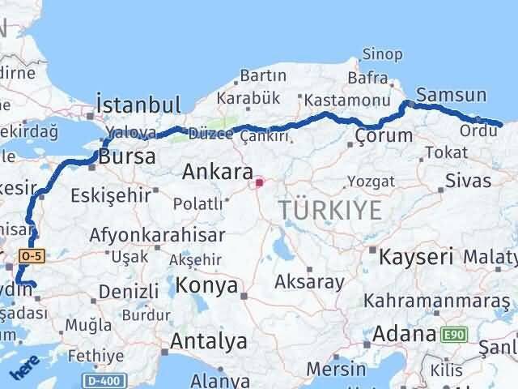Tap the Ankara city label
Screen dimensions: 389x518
[x=216, y=171]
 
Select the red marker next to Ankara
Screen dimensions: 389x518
[x=259, y=182]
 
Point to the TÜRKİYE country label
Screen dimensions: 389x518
[x=329, y=210]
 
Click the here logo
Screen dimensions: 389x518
[x=22, y=371]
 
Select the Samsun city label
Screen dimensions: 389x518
[x=451, y=96]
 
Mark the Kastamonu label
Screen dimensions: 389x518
[x=335, y=100]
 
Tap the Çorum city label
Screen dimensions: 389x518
[x=384, y=135]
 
